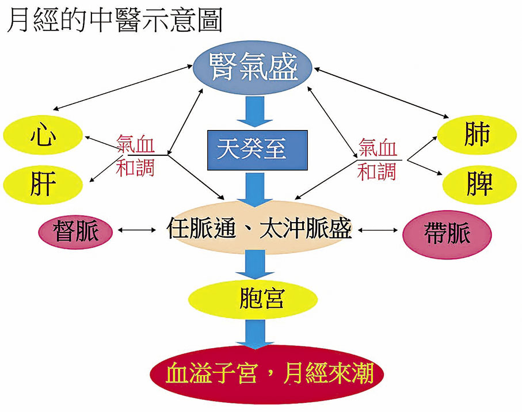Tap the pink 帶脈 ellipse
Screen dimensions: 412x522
[447, 232]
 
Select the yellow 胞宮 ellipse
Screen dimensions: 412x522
[253, 298]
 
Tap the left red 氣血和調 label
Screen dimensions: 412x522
[136, 155]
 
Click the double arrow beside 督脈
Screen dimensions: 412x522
[138, 231]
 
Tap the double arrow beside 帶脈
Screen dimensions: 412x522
[377, 231]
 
